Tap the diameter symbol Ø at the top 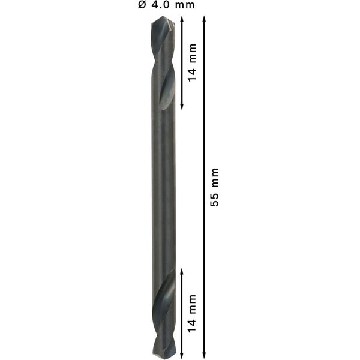pos(142,6)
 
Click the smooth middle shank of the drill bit pos(163,186)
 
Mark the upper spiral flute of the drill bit pos(163,66)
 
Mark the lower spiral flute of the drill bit pos(163,309)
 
